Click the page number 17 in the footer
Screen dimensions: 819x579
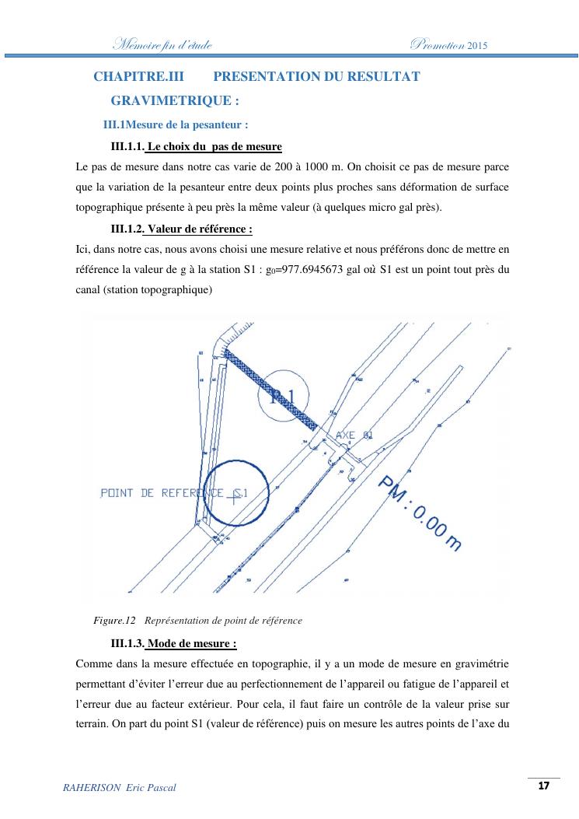543,786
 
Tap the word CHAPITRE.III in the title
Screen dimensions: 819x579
131,76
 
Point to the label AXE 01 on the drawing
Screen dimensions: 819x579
355,435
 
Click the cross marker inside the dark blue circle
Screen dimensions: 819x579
234,499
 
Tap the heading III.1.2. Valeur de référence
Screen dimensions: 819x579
182,229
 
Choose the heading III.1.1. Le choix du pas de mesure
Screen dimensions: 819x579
197,146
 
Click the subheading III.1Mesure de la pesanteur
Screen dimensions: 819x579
176,124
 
